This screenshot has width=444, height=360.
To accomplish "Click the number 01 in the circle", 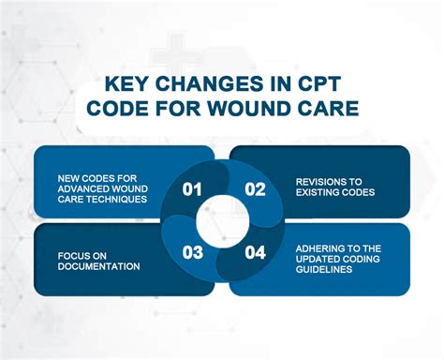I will click(x=192, y=188).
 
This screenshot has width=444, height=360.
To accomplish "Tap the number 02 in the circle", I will click(x=255, y=188).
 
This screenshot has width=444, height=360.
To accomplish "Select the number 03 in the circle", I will click(x=192, y=251).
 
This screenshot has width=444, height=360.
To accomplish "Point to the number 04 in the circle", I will click(x=255, y=251).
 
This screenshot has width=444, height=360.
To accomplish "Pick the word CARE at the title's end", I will click(x=326, y=110).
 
